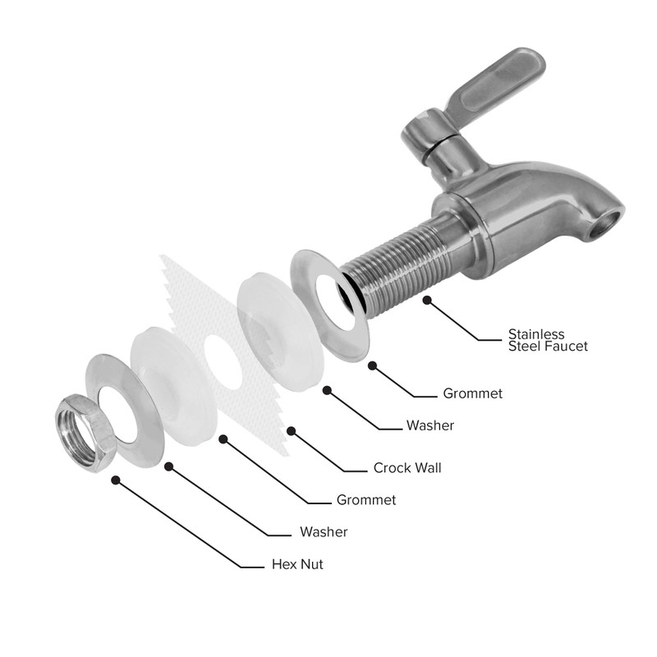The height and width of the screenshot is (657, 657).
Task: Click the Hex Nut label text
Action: (297, 565)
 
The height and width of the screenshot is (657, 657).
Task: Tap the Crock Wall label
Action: (407, 468)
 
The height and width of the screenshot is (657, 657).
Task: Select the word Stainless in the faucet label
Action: (536, 334)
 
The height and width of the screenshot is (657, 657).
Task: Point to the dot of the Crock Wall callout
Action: (291, 429)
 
